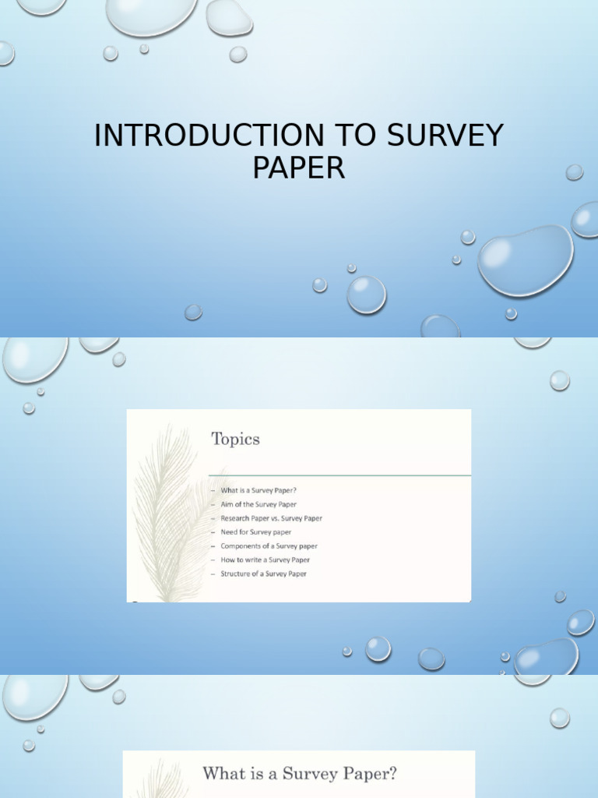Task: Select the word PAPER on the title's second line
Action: tap(298, 168)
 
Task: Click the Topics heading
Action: tap(235, 439)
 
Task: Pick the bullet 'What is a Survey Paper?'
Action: tap(258, 490)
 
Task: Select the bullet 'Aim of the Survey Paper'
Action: tap(258, 504)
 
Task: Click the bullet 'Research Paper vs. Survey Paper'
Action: tap(271, 518)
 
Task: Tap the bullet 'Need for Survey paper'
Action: tap(255, 532)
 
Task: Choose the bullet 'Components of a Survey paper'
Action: tap(269, 546)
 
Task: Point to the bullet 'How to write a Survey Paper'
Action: tap(265, 560)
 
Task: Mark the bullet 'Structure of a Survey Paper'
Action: tap(263, 574)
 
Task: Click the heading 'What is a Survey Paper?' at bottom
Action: tap(300, 774)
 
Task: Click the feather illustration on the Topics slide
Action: tap(167, 514)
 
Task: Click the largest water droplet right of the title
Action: tap(526, 260)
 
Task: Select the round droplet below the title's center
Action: tap(366, 295)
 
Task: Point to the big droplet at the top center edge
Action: tap(152, 16)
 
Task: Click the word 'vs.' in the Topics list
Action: tap(273, 518)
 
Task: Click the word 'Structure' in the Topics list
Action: tap(235, 574)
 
